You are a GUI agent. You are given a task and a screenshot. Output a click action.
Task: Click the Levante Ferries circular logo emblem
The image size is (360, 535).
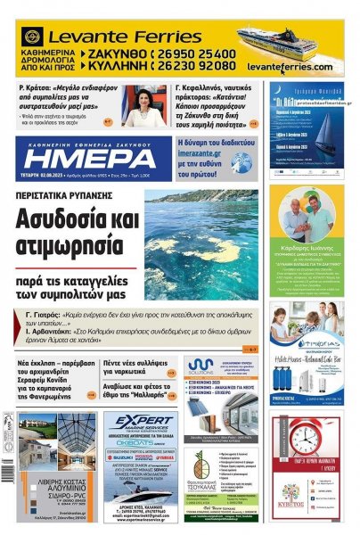[x=32, y=37]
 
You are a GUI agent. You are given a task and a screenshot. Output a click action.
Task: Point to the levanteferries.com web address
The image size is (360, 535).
[x=289, y=67]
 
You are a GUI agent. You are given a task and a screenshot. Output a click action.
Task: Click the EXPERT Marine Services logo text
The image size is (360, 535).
[x=138, y=425]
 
